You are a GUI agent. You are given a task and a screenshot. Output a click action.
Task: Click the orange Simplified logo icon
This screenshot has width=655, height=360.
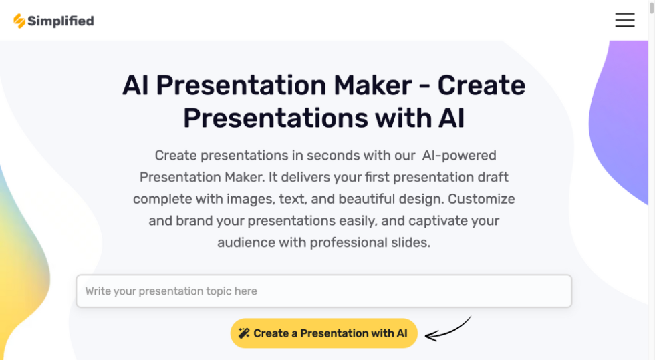19,21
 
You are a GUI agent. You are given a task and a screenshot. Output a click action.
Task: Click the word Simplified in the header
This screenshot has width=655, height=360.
61,21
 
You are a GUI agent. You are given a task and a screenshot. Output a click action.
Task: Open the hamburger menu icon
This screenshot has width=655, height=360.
624,20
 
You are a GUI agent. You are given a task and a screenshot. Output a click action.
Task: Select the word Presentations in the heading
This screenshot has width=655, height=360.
275,118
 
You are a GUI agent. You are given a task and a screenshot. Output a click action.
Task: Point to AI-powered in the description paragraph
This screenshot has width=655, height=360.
459,156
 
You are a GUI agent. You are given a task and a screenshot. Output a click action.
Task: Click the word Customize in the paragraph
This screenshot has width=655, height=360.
482,199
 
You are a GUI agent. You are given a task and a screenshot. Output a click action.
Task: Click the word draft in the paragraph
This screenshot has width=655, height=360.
491,177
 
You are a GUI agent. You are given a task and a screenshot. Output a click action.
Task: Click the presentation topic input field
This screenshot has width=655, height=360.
323,291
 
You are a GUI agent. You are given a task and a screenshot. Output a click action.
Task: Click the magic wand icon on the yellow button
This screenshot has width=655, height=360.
244,333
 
